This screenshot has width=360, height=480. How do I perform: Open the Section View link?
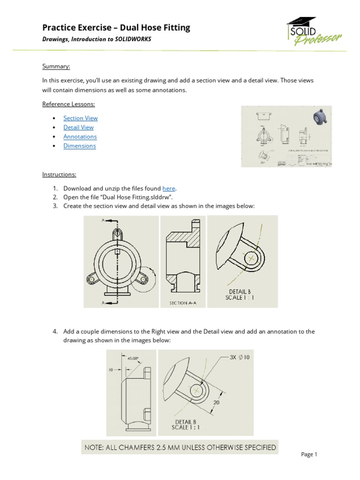[81, 118]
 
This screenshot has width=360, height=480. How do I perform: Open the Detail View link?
[78, 127]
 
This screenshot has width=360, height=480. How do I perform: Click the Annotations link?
[80, 136]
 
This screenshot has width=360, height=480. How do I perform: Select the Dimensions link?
[80, 146]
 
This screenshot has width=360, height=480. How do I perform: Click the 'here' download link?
[169, 188]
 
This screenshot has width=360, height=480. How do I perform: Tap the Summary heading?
[56, 67]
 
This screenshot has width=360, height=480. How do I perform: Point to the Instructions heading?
[59, 174]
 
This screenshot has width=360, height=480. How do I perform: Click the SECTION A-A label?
[182, 303]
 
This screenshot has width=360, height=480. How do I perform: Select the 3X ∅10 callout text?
[240, 357]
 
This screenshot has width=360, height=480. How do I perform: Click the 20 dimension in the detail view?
[217, 402]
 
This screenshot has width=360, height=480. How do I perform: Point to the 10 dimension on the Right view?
[111, 370]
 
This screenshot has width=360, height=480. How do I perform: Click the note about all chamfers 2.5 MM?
[180, 447]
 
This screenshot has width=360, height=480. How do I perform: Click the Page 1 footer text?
[309, 454]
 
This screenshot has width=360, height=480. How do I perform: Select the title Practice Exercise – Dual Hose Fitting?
[116, 28]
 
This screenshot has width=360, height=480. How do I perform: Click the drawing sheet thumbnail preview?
[286, 136]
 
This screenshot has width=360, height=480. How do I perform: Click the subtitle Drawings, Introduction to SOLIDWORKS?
[97, 39]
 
